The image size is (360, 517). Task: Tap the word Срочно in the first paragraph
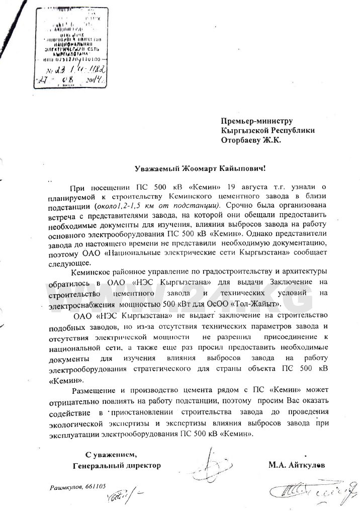coord(240,206)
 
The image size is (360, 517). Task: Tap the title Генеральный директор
coord(117,466)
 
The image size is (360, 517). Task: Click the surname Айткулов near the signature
coord(306,466)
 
